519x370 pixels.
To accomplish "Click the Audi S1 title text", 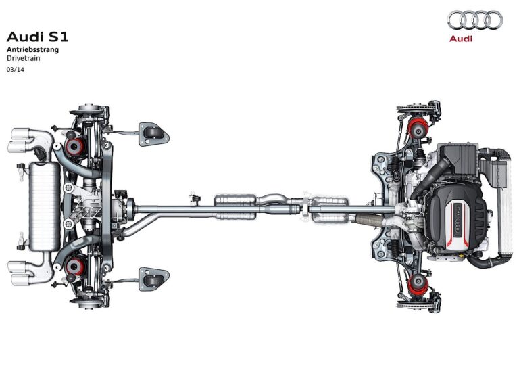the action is [37, 37].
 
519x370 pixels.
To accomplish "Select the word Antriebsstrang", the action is [32, 49].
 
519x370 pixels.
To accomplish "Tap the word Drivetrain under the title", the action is [24, 58].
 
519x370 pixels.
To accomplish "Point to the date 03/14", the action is [16, 70].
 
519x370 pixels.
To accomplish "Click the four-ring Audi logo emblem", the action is [475, 20].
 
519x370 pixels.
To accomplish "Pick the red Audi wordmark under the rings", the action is [461, 39].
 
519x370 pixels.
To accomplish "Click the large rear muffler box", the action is [45, 206].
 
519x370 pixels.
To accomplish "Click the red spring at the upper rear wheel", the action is [75, 147].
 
